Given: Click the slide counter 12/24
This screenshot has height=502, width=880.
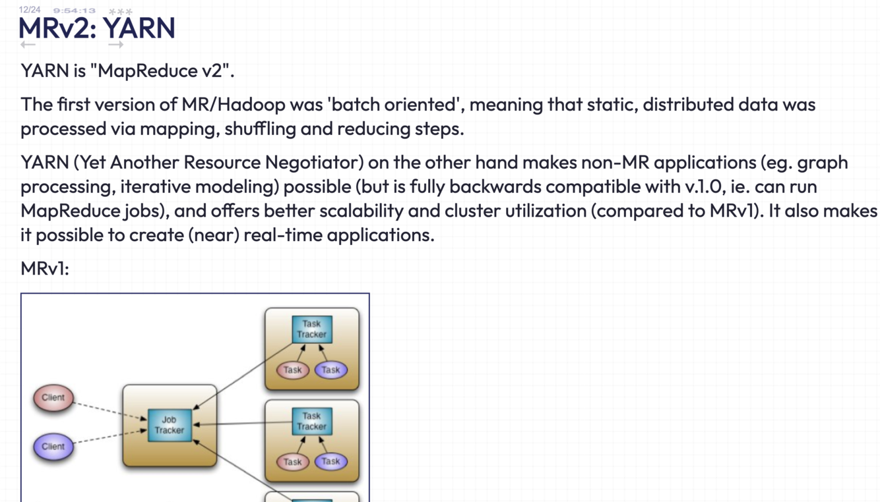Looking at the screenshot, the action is (30, 10).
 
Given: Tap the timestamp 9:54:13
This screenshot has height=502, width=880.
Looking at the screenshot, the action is (74, 11).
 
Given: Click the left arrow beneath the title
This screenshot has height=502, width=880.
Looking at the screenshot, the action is (28, 45).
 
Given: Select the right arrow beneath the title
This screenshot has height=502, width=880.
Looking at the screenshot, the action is (115, 45).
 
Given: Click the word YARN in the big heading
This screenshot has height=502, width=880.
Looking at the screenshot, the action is (139, 28).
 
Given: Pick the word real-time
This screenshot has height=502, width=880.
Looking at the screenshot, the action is (285, 235).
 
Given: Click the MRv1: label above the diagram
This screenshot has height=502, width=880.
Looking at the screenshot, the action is (45, 269).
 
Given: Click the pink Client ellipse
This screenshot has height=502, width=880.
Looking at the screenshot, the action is (53, 398).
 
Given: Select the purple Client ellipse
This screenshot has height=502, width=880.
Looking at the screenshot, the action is (53, 447).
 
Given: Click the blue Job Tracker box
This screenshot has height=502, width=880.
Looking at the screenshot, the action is (169, 425).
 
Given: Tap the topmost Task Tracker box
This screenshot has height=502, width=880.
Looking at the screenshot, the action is (311, 329).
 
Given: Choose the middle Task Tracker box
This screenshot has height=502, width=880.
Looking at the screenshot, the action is (311, 421).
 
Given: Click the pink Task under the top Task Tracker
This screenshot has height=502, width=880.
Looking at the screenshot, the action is (292, 370).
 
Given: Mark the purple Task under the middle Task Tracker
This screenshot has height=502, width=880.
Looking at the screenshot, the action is (330, 462).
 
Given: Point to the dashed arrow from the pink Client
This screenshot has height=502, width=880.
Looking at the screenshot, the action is (109, 410).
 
